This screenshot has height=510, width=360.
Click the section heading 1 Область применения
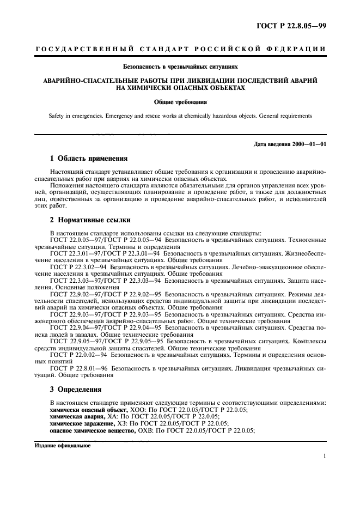click(x=89, y=159)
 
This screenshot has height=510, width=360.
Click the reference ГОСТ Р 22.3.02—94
click(x=78, y=268)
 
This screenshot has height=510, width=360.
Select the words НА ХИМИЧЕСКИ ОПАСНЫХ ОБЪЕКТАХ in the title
click(x=180, y=87)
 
